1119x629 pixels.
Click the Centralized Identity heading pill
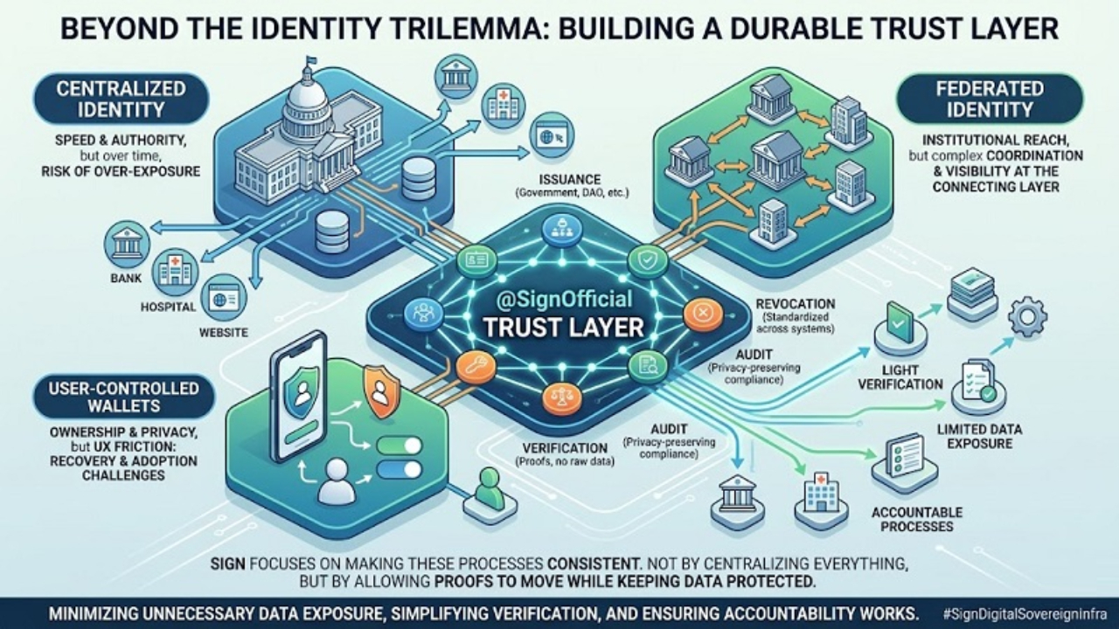coord(122,99)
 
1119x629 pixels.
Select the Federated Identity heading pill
coord(989,99)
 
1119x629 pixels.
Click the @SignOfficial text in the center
coord(564,300)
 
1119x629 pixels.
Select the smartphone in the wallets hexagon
coord(302,402)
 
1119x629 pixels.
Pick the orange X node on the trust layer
coord(702,314)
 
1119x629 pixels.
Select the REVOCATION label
coord(795,303)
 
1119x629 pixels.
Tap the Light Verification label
coord(900,377)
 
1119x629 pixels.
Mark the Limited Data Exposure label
coord(979,436)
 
